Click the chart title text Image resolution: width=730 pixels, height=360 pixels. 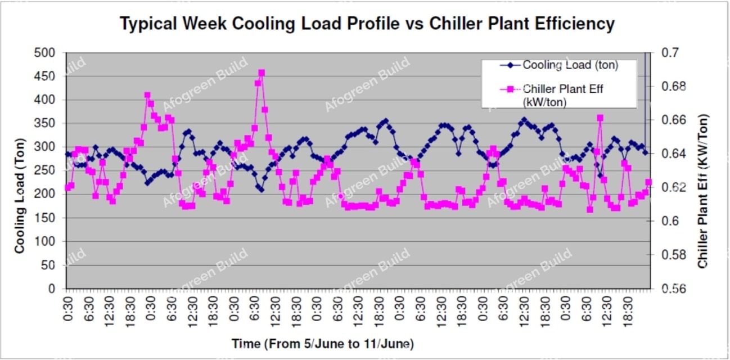(x=367, y=24)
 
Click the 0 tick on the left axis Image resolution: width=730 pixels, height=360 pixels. (x=55, y=289)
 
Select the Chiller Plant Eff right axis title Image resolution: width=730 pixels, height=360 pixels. (x=703, y=191)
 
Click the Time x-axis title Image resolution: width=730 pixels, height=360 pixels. (x=323, y=343)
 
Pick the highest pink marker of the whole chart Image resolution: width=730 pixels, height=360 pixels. (x=262, y=73)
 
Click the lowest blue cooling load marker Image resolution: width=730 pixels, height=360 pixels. (x=261, y=190)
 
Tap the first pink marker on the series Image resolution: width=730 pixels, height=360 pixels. (x=67, y=187)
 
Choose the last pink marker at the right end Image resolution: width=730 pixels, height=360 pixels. (x=648, y=182)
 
